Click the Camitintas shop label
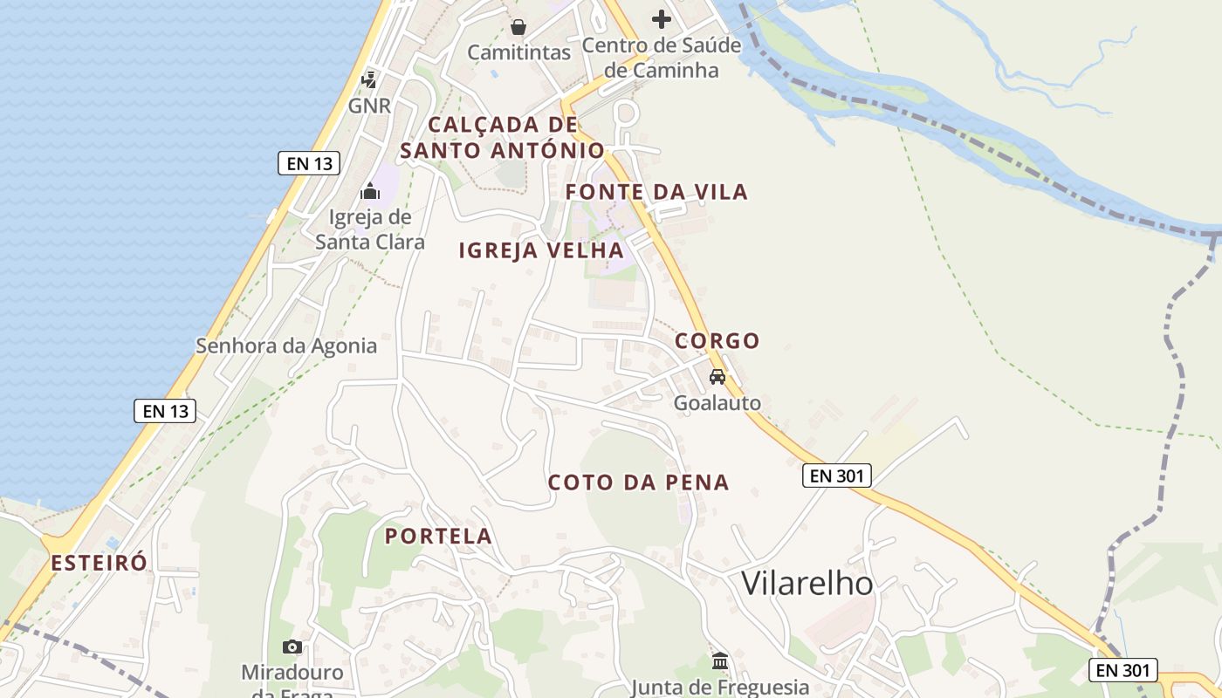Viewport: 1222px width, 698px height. (518, 52)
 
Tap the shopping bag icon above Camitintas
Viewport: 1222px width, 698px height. (518, 27)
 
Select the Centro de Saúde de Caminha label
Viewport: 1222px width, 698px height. (662, 58)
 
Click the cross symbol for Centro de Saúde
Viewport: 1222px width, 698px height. (662, 18)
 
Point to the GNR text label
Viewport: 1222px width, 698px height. (369, 106)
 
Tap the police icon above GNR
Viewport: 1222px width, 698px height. (369, 80)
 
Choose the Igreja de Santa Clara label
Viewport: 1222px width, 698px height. (370, 229)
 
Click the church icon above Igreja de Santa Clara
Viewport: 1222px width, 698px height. (370, 190)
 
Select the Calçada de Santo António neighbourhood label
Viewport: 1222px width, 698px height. (502, 138)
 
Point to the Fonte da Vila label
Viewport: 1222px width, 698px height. (656, 192)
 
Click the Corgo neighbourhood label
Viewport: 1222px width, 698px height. (717, 340)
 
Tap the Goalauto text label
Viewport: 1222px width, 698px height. (717, 403)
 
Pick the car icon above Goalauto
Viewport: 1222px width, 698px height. (717, 377)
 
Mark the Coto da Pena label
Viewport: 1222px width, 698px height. (638, 482)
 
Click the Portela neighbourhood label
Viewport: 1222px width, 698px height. (439, 537)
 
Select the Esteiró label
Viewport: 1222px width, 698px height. (99, 563)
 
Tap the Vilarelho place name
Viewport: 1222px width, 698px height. (807, 584)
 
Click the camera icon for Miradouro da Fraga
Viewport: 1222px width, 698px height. (292, 647)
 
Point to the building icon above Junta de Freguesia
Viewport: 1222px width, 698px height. (720, 661)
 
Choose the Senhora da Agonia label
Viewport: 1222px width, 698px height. (286, 346)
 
